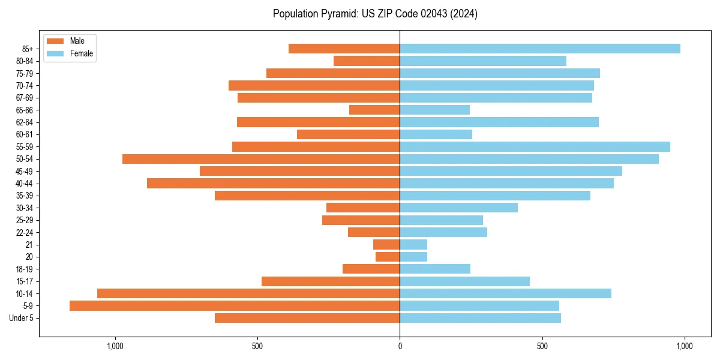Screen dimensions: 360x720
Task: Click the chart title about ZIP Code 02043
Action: pos(375,14)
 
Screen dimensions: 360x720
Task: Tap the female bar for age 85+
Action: pos(540,49)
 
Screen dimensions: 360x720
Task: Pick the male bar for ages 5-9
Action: pos(235,305)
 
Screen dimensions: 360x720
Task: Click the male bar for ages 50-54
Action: pos(261,159)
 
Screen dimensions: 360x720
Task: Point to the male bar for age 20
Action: pos(388,257)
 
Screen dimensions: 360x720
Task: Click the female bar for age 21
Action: pos(413,244)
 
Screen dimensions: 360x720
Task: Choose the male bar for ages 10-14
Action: pos(248,293)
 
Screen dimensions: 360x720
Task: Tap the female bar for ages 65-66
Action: pos(434,110)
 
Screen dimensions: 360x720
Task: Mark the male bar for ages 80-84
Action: pos(367,61)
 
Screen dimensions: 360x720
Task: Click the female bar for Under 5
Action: pos(480,318)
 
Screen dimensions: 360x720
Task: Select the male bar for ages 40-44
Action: pos(273,183)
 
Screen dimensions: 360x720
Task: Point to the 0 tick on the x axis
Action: pos(400,346)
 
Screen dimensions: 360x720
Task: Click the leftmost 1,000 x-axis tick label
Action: pos(115,346)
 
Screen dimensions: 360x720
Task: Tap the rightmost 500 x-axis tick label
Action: pos(542,346)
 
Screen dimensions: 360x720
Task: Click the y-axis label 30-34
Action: pos(25,208)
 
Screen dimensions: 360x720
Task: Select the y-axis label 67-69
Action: pos(25,98)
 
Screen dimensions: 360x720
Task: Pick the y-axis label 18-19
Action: pos(25,269)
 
